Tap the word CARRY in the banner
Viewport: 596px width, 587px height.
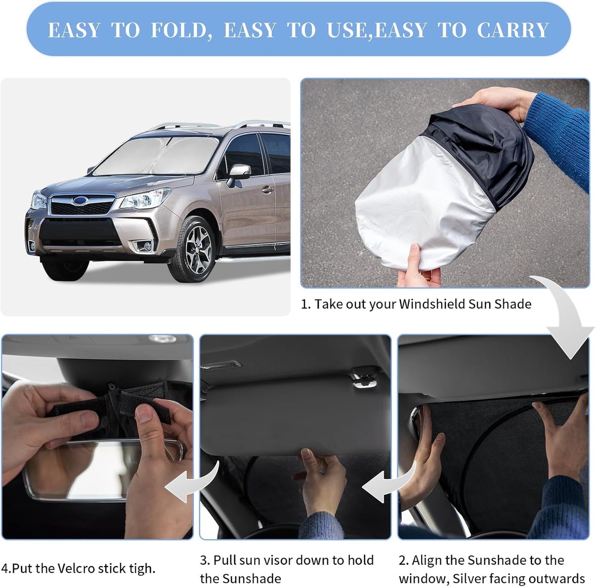click(513, 30)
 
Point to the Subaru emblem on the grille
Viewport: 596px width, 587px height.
click(79, 200)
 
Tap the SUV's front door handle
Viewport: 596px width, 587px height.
click(268, 190)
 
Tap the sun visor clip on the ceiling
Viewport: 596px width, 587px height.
click(363, 377)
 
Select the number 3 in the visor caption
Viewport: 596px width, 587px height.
click(204, 560)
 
